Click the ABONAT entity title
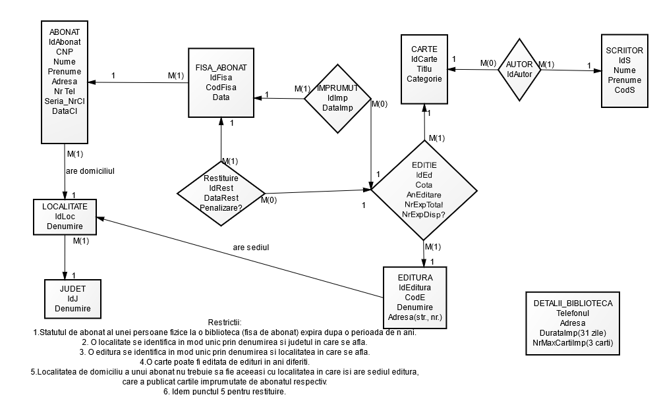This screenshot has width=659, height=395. click(x=65, y=31)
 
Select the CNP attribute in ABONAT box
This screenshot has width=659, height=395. click(x=65, y=51)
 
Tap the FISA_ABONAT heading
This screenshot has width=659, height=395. click(x=221, y=68)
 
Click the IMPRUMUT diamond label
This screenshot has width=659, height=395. click(x=337, y=88)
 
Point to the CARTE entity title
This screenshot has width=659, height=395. click(x=424, y=49)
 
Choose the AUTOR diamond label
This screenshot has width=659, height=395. click(x=520, y=65)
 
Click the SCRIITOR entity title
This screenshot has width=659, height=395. click(x=624, y=49)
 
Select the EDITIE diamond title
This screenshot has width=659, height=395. click(x=424, y=165)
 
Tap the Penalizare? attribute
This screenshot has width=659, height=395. click(x=221, y=207)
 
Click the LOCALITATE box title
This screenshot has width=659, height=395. click(x=65, y=206)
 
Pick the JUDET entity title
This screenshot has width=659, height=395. click(x=72, y=288)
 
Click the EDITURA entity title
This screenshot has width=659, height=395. click(x=415, y=278)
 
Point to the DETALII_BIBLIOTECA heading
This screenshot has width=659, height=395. click(x=572, y=303)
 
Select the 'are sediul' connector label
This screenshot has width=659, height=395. click(x=252, y=248)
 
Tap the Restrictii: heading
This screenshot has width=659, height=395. click(x=225, y=323)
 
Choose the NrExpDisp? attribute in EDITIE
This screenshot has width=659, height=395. click(x=424, y=215)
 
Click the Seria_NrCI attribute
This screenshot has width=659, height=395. click(x=65, y=101)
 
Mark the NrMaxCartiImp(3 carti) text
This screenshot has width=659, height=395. click(x=572, y=342)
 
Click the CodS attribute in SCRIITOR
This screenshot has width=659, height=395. click(x=624, y=89)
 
